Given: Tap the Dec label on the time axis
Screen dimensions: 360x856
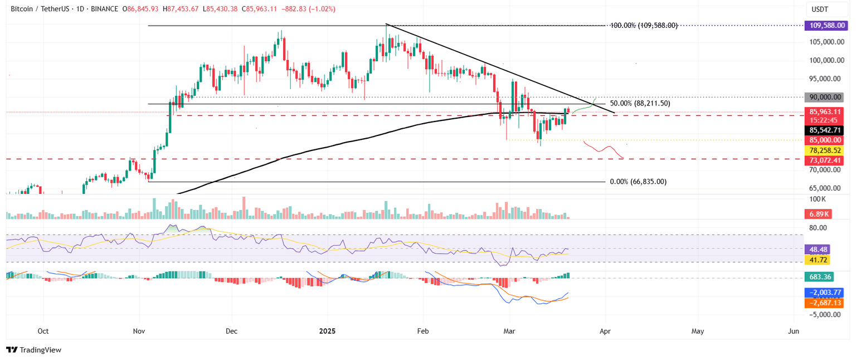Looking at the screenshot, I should tap(232, 331).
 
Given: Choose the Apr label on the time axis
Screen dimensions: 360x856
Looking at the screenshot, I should tap(605, 331).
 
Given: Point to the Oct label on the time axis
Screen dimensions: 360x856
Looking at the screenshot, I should tap(43, 331).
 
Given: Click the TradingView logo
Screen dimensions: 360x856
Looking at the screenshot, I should tap(33, 350).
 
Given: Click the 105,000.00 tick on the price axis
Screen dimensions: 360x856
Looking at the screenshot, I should tap(826, 42).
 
